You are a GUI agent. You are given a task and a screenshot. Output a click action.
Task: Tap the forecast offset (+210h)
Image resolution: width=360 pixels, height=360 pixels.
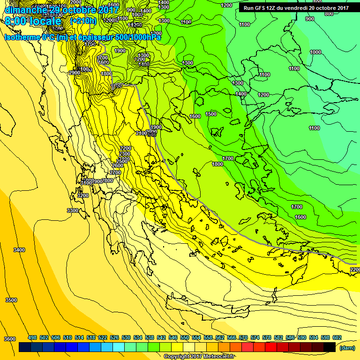click(x=83, y=21)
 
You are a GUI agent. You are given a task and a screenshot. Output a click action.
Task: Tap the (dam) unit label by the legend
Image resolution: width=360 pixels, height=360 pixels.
click(x=346, y=348)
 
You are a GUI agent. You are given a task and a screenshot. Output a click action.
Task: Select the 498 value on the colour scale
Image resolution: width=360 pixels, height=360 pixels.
click(x=32, y=337)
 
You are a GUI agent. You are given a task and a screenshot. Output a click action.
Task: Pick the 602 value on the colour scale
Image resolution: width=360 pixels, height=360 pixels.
click(x=337, y=337)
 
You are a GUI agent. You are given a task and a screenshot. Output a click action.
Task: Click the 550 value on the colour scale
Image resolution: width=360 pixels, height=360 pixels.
click(x=184, y=337)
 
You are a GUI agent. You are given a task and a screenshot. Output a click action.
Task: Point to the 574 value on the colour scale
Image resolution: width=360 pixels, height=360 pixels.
click(x=255, y=337)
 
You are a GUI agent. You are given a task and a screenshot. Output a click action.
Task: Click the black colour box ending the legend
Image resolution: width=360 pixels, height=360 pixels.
click(x=330, y=347)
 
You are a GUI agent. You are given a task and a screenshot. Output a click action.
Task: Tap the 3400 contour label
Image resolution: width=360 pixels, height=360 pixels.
click(x=19, y=250)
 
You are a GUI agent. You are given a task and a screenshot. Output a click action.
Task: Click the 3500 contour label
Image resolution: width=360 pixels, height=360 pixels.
click(x=11, y=300)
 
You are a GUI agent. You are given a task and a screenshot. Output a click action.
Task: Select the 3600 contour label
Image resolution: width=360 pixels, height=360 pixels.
click(x=9, y=339)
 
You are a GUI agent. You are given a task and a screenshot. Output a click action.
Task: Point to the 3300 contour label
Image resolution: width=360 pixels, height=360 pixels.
click(x=73, y=210)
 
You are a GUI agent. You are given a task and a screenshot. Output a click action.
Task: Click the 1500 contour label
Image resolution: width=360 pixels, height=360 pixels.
click(x=211, y=114)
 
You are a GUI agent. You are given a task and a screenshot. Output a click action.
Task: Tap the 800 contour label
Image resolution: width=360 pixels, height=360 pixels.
click(x=329, y=14)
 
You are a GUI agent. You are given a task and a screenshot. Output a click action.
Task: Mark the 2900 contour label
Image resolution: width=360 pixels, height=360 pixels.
click(x=74, y=73)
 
